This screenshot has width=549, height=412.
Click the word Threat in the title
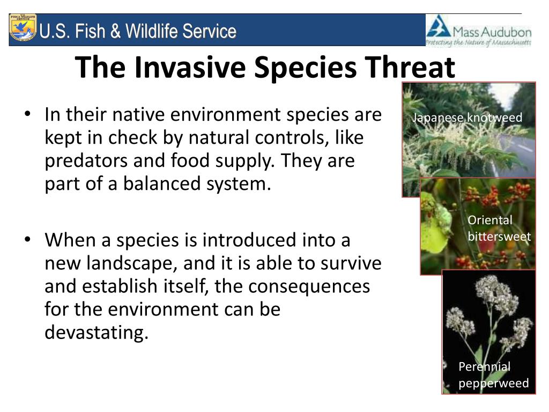(x=410, y=67)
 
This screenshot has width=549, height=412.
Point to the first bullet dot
(x=28, y=114)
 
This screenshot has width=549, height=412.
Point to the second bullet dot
(x=28, y=240)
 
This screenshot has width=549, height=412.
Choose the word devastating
(x=97, y=333)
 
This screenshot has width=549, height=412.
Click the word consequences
(x=309, y=286)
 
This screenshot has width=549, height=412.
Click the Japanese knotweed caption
(x=467, y=117)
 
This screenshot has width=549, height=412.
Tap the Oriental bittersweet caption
(x=499, y=228)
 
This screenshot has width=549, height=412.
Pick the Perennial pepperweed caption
(x=494, y=375)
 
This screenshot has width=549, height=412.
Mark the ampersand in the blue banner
(x=116, y=31)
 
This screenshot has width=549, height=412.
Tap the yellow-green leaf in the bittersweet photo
(x=434, y=224)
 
